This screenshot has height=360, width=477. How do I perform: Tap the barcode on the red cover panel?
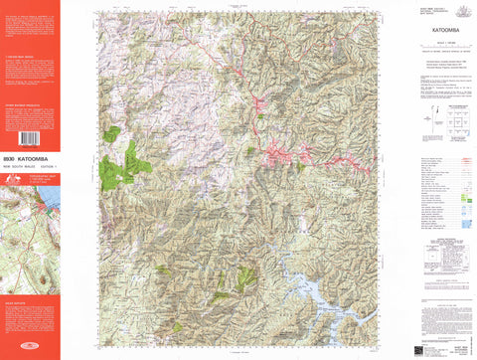tap(30, 139)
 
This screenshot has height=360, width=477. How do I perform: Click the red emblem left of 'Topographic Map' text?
tap(8, 176)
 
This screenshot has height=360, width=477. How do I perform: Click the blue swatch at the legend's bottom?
tap(466, 223)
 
